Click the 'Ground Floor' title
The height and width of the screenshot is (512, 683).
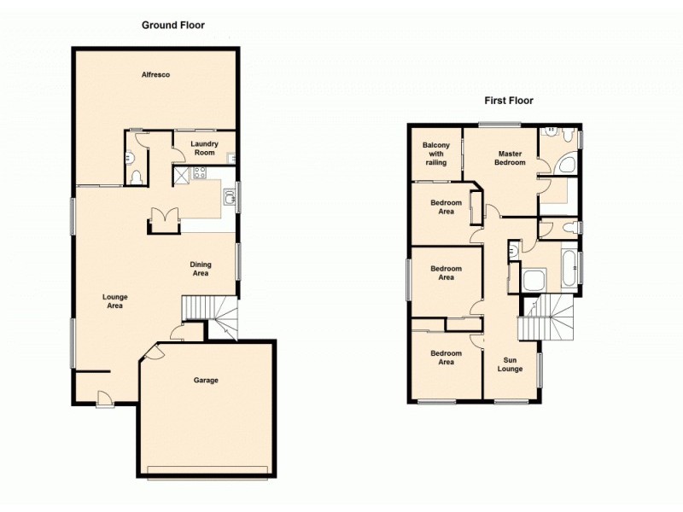click(x=173, y=26)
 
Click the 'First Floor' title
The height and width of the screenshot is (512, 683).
click(x=509, y=100)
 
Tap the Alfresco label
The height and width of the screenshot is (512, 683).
click(x=156, y=75)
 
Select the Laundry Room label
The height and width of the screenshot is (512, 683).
click(x=204, y=148)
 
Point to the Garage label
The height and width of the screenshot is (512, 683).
click(x=205, y=380)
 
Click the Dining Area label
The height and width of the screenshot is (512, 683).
click(x=201, y=269)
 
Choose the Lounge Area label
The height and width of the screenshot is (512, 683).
click(x=115, y=300)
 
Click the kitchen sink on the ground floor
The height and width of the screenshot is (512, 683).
click(x=229, y=198)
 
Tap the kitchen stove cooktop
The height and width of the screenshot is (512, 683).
click(x=201, y=175)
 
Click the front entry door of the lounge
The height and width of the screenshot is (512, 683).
click(x=104, y=397)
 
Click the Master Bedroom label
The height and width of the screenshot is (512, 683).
click(x=500, y=158)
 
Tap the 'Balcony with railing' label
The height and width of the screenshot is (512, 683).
click(x=436, y=154)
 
